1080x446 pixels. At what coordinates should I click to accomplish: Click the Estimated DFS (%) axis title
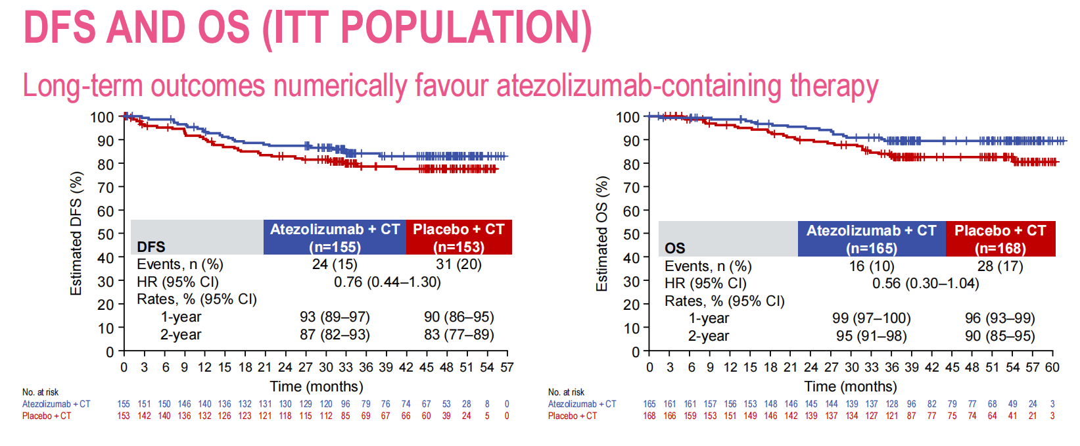coord(76,234)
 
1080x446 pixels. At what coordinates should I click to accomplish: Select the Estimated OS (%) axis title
coord(602,234)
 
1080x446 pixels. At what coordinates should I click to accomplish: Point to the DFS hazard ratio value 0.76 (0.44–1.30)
coord(387,282)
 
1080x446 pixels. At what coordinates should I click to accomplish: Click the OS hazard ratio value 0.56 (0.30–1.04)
coord(926,284)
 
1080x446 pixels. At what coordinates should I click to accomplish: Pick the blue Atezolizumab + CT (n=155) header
coord(335,237)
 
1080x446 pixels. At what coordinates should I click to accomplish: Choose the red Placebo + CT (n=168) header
coord(1000,239)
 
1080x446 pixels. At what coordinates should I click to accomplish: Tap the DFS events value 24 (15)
coord(335,264)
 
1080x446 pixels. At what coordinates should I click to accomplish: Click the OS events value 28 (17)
coord(1000,266)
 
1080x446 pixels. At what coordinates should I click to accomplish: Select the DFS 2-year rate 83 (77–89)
coord(459,335)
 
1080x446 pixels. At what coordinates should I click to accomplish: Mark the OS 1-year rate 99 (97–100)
coord(871,318)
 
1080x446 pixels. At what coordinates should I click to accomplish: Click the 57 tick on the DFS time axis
coord(507,367)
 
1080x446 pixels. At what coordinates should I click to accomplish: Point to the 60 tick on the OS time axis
coord(1052,367)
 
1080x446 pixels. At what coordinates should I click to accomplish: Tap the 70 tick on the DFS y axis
coord(106,187)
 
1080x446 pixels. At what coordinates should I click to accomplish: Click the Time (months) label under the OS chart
coord(850,387)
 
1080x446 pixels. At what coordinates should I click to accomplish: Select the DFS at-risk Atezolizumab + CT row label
coord(57,404)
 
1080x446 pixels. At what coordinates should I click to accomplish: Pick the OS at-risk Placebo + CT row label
coord(573,416)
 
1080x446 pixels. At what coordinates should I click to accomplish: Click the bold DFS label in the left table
coord(151,247)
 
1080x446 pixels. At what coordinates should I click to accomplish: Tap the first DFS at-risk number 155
coord(124,404)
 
